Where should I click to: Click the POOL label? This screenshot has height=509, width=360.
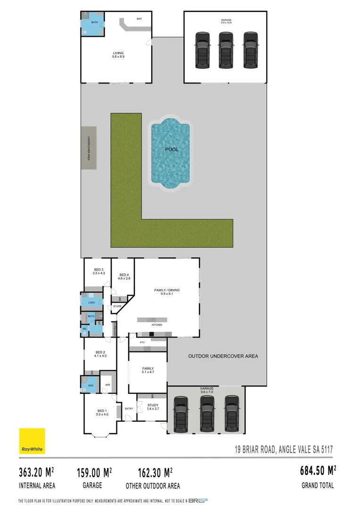(172, 149)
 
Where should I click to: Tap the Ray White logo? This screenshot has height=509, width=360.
(32, 441)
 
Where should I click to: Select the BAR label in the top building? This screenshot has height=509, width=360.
(139, 19)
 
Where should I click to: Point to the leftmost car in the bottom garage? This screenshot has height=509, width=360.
(181, 414)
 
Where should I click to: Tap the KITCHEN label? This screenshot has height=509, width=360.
(157, 325)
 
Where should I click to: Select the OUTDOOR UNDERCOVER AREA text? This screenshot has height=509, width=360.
(223, 356)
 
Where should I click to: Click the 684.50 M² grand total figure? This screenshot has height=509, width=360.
(318, 470)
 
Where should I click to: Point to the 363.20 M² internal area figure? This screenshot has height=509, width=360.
(36, 472)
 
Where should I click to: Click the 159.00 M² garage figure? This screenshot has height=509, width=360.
(94, 472)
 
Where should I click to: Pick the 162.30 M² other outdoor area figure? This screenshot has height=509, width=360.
(155, 472)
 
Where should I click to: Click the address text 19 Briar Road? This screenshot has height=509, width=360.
(284, 450)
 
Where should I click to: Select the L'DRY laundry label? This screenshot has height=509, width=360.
(91, 303)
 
